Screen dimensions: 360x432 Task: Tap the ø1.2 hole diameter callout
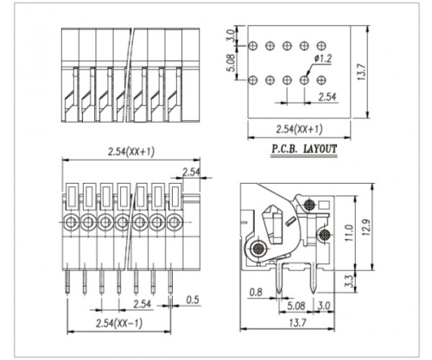[x=323, y=59]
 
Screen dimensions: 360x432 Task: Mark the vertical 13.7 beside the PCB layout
[x=372, y=75]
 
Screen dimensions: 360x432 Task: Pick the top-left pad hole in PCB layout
[x=252, y=45]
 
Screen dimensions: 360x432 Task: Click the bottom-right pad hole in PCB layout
[x=321, y=80]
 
